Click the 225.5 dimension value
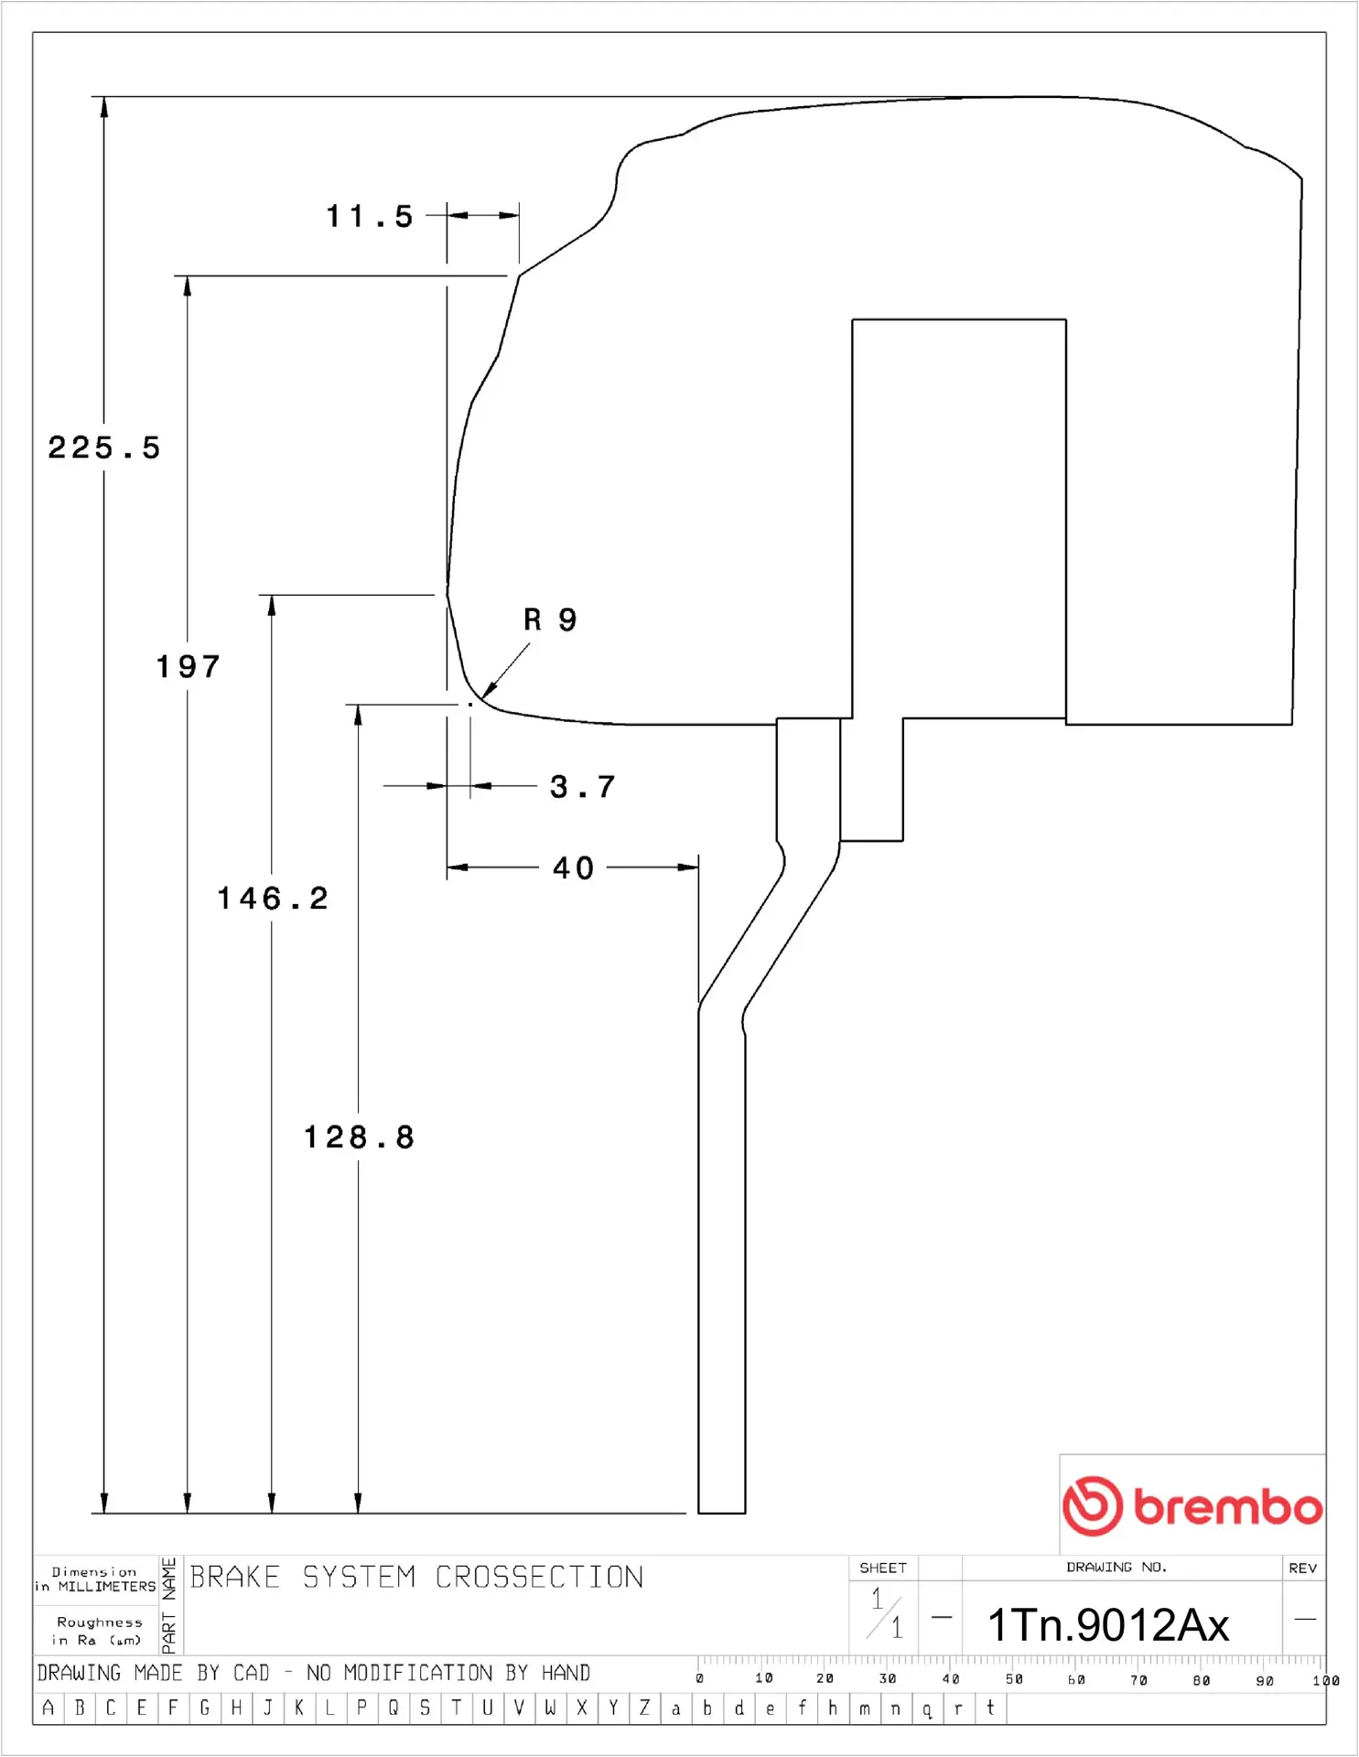coord(104,448)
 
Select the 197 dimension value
coord(189,667)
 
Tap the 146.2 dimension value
coord(273,899)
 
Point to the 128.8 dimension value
coord(359,1137)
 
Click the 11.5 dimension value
coord(370,217)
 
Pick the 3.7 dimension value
coord(583,787)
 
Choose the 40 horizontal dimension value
coord(574,868)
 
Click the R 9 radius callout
coord(550,620)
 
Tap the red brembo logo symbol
coord(1092,1505)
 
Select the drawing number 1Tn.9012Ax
coord(1107,1625)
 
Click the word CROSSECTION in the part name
coord(539,1578)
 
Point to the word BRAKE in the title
coord(235,1578)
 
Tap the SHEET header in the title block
coord(883,1568)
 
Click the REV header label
coord(1302,1568)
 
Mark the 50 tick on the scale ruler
coord(1013,1679)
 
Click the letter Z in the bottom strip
coord(644,1708)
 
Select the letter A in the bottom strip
coord(49,1708)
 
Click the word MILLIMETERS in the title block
coord(107,1587)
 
